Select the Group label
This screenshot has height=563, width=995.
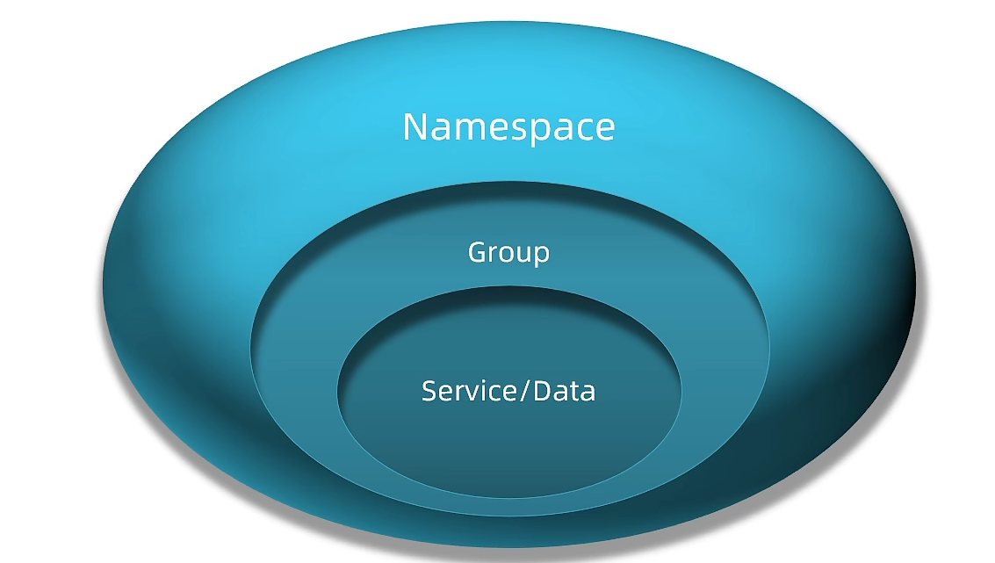[508, 253]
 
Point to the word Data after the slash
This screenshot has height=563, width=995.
[564, 391]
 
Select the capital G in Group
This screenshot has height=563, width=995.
[477, 252]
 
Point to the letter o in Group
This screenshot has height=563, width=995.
[509, 255]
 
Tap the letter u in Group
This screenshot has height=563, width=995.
[526, 255]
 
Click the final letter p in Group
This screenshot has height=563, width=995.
[544, 257]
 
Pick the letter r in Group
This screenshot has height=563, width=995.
[494, 255]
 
